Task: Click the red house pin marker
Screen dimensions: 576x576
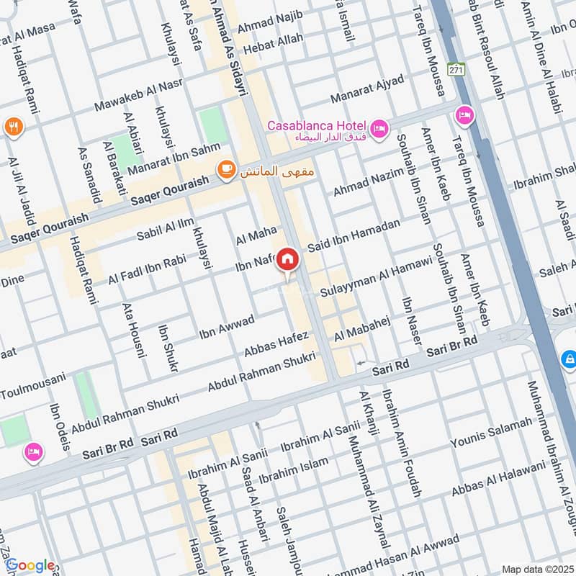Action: (x=287, y=259)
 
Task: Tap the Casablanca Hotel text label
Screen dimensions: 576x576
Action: (x=317, y=125)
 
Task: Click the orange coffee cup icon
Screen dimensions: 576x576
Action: (x=225, y=169)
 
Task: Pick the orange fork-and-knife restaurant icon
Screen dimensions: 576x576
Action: (x=14, y=128)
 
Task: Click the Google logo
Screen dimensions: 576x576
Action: (x=30, y=565)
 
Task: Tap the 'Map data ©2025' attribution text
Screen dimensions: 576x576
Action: (x=536, y=570)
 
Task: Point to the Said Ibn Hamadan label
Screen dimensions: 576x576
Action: (x=354, y=236)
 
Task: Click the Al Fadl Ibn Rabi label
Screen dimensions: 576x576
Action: (x=147, y=269)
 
